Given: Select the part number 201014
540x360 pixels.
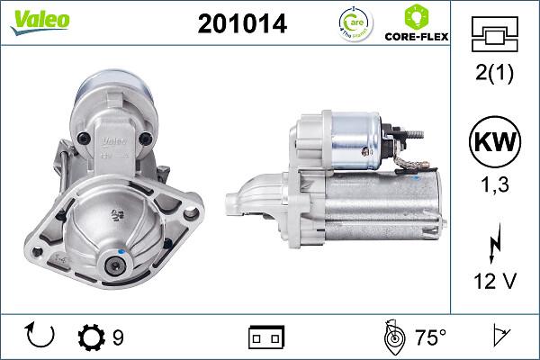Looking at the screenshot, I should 242,25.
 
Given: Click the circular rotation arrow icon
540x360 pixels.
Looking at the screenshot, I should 41,337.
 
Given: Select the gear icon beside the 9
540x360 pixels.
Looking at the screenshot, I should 93,337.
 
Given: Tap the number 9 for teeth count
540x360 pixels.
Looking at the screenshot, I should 118,337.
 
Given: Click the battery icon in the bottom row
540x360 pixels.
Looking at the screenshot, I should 266,337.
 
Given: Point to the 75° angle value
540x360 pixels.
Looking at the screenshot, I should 429,337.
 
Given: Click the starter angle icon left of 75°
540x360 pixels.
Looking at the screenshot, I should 392,337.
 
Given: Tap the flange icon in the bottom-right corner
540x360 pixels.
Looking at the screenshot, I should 500,337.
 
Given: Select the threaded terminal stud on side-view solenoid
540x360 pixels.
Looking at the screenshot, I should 416,132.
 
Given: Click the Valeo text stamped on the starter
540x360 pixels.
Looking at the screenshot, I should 112,140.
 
